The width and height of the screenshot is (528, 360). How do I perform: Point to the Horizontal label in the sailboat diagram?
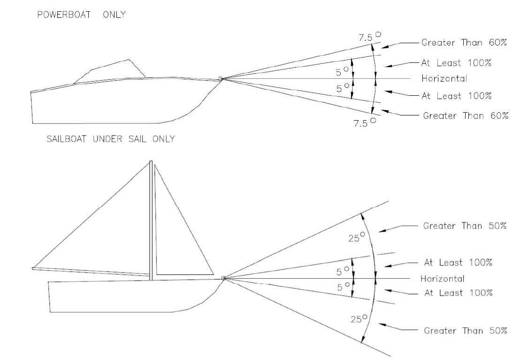(x=442, y=279)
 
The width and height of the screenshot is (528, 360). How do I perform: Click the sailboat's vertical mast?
(x=151, y=221)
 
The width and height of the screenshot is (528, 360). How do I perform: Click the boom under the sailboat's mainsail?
(x=89, y=272)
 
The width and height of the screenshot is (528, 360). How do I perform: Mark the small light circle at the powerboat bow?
(x=220, y=79)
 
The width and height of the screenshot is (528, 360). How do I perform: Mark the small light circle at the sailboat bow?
(x=223, y=278)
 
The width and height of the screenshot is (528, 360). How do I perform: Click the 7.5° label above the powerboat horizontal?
(x=367, y=36)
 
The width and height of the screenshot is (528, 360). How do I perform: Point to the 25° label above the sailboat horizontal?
(x=358, y=237)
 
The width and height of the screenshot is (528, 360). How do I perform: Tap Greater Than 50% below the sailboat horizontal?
(x=465, y=330)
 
